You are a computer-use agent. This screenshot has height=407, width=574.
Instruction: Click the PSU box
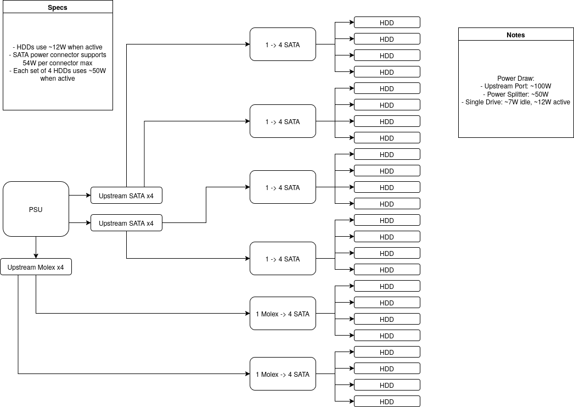(x=36, y=209)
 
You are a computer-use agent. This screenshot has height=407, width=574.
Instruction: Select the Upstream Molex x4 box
(x=36, y=267)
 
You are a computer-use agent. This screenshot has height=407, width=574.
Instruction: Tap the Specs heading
(x=58, y=7)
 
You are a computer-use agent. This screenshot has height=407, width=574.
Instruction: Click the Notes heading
(x=516, y=35)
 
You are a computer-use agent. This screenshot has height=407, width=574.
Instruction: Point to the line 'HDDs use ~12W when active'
(x=58, y=47)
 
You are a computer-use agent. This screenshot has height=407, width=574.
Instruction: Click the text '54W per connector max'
(x=58, y=63)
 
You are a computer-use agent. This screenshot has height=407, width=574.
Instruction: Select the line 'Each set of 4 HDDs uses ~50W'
(x=58, y=71)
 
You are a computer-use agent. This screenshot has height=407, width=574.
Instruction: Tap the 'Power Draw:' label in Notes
(x=516, y=79)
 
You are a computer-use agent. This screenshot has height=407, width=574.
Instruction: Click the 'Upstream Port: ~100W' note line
(x=516, y=86)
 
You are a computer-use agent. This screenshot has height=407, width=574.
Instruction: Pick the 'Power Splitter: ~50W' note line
(x=516, y=94)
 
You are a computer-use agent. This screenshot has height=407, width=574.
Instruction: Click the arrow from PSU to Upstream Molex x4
(x=36, y=248)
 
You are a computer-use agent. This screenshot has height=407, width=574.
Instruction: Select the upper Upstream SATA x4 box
(x=126, y=195)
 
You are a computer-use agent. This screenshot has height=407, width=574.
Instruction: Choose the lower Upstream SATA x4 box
(x=126, y=223)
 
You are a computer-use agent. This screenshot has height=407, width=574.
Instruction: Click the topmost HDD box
(x=387, y=23)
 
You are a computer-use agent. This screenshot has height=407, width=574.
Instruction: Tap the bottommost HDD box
(x=387, y=401)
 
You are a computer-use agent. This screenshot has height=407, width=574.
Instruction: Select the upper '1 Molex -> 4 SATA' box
(x=283, y=313)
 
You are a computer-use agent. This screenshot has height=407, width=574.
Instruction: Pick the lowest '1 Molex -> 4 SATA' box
(x=283, y=373)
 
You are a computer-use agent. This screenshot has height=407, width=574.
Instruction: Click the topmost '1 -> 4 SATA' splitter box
(x=283, y=44)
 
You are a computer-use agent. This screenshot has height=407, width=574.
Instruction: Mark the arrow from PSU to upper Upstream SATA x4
(x=80, y=195)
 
